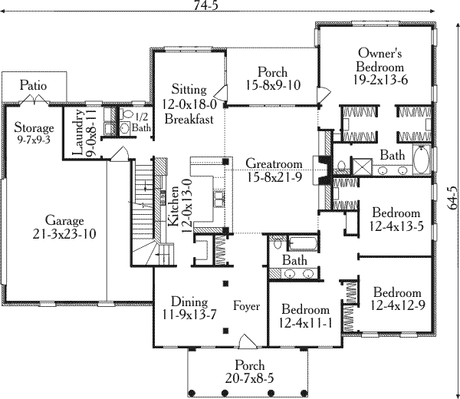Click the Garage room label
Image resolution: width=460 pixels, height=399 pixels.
(64, 220)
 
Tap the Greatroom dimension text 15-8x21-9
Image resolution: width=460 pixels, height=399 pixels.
(274, 177)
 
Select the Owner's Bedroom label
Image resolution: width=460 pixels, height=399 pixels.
(380, 60)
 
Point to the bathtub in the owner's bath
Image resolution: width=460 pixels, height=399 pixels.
(422, 160)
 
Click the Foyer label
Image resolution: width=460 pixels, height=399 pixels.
(246, 306)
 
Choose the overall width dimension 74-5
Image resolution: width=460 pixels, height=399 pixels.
(206, 5)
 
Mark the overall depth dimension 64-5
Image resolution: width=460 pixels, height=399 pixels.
(452, 198)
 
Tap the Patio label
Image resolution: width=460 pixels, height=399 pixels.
(33, 85)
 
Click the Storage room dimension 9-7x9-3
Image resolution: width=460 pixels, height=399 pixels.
(34, 140)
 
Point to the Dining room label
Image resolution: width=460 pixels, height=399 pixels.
(189, 302)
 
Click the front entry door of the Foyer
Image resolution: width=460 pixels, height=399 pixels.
(247, 341)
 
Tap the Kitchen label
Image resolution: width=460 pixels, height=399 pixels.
(173, 206)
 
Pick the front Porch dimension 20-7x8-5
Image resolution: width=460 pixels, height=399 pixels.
(249, 378)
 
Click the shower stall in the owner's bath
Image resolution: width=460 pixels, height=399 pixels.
(362, 167)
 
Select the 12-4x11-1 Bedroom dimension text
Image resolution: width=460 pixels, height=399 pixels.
(305, 323)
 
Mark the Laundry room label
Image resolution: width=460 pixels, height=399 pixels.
(78, 133)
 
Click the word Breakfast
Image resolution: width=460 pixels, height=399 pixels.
(189, 119)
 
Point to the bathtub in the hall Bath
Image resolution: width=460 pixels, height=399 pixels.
(303, 243)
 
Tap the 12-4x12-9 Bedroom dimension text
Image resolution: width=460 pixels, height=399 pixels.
(397, 305)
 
